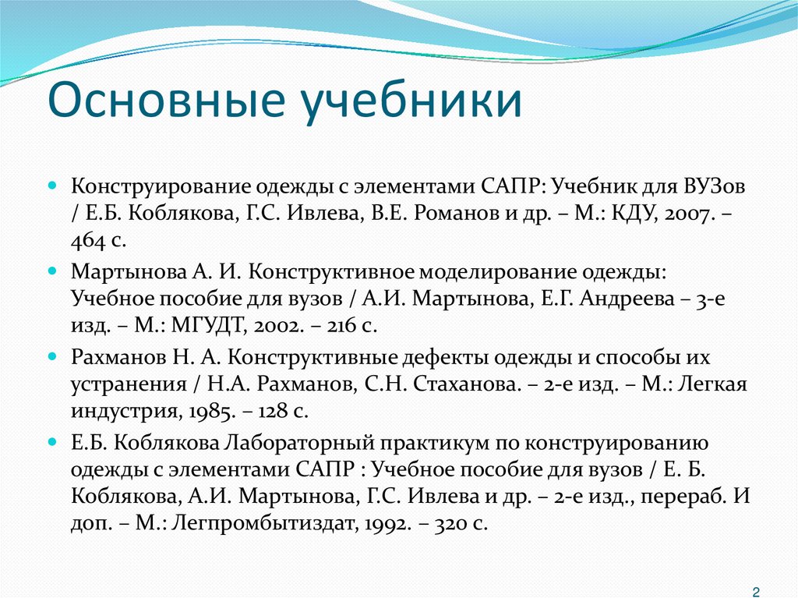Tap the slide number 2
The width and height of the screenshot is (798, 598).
(756, 590)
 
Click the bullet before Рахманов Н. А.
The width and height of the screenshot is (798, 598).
(52, 356)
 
